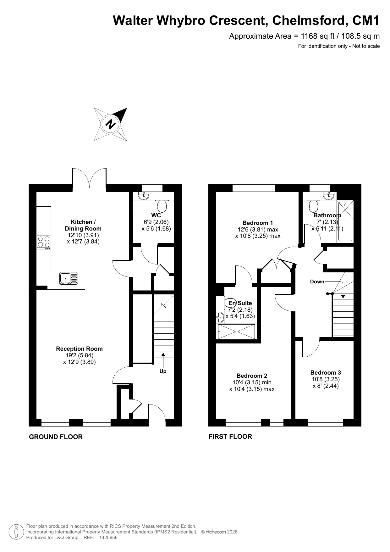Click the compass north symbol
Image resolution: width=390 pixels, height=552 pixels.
(x=111, y=124)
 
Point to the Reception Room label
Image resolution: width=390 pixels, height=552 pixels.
(x=79, y=348)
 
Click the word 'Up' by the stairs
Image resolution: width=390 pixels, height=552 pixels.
(x=163, y=371)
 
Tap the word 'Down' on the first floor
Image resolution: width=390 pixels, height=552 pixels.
(x=317, y=282)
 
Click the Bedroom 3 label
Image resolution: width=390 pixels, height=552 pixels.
(x=326, y=372)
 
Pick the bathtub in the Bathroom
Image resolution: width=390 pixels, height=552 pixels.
(x=345, y=221)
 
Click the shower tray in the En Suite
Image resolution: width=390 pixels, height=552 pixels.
(x=237, y=331)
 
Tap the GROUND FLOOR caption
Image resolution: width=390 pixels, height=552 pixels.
(x=56, y=437)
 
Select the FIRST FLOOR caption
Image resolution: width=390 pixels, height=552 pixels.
(x=230, y=436)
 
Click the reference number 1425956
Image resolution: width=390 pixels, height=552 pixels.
(x=108, y=538)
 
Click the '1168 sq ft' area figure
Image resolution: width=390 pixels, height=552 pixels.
(x=318, y=36)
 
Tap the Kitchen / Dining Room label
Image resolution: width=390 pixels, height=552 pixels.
(x=83, y=225)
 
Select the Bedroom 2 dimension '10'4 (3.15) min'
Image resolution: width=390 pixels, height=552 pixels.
(x=252, y=382)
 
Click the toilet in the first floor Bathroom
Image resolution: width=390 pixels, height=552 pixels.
(x=313, y=206)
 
